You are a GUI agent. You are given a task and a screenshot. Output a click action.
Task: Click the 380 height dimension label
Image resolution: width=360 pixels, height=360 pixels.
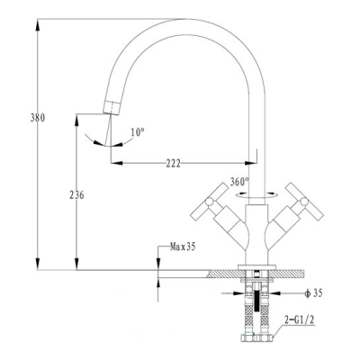click(x=38, y=118)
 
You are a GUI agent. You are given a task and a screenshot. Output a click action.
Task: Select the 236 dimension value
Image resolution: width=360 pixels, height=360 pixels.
click(x=76, y=195)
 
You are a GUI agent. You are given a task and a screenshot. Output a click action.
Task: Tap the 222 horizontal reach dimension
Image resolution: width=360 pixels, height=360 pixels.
click(x=174, y=164)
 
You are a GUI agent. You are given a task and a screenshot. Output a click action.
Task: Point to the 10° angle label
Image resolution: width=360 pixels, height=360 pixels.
click(x=138, y=132)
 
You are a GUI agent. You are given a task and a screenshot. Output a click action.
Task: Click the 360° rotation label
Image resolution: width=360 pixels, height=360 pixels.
click(x=239, y=182)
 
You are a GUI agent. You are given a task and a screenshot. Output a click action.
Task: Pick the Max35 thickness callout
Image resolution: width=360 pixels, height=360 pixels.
click(x=183, y=247)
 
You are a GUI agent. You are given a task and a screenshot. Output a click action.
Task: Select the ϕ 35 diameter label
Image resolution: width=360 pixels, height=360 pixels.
click(x=313, y=293)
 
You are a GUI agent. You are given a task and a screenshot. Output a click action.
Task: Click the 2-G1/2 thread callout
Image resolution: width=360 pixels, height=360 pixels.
click(x=300, y=320)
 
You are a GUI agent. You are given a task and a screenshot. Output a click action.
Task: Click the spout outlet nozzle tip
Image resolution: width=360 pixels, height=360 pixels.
click(x=112, y=107)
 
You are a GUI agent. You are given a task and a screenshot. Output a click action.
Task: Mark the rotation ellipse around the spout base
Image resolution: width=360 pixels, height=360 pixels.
click(x=256, y=195)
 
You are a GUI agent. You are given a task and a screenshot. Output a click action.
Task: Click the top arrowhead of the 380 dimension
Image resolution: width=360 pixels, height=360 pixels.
click(x=38, y=24)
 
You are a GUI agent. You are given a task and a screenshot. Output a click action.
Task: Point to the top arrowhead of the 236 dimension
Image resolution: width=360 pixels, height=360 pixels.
click(x=76, y=119)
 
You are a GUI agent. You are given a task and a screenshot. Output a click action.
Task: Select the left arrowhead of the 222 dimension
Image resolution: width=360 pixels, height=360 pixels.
click(x=117, y=163)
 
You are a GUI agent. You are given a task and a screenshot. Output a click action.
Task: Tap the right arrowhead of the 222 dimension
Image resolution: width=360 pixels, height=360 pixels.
click(x=251, y=163)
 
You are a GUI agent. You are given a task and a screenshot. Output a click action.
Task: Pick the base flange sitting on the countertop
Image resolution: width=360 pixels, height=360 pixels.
click(x=256, y=267)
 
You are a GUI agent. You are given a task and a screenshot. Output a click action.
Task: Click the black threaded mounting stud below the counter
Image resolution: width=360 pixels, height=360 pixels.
click(x=256, y=301)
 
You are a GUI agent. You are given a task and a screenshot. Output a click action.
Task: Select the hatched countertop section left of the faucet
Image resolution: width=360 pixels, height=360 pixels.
click(x=224, y=274)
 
